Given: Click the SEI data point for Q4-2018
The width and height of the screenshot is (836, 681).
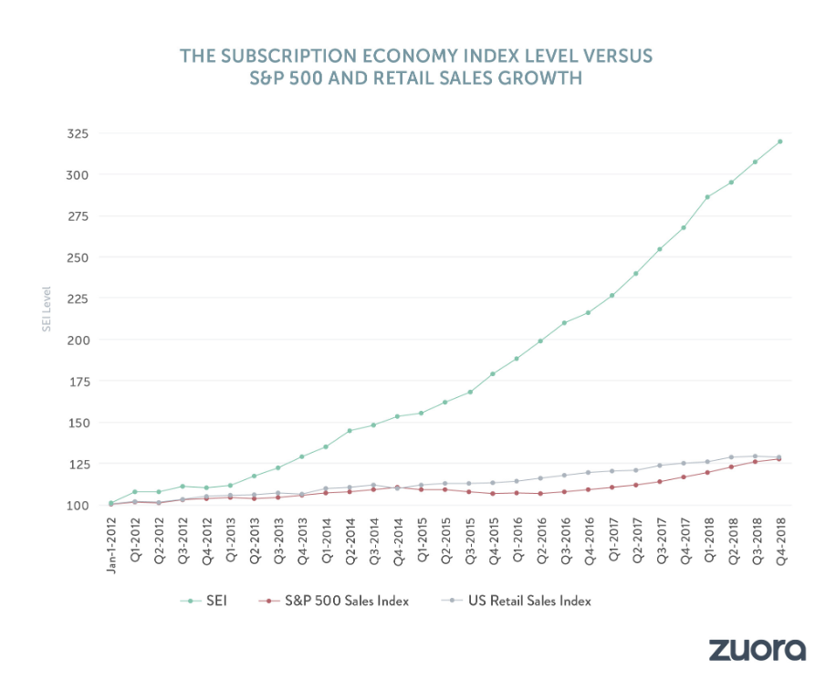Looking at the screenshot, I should point(780,141).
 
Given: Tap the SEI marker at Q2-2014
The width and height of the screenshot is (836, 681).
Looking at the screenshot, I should point(350,431).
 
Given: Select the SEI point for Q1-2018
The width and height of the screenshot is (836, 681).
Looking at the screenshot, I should point(707,197).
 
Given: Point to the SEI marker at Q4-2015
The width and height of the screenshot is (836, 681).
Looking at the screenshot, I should point(493,374).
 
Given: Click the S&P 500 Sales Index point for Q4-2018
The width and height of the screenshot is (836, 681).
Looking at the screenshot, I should point(780,458).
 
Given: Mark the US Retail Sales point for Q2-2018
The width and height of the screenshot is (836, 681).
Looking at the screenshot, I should point(732,457).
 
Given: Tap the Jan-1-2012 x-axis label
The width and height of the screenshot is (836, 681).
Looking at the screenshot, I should point(111,546).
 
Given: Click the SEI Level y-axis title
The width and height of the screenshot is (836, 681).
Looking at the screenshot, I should point(47,310).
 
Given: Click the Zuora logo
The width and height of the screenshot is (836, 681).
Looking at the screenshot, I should point(758,649).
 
